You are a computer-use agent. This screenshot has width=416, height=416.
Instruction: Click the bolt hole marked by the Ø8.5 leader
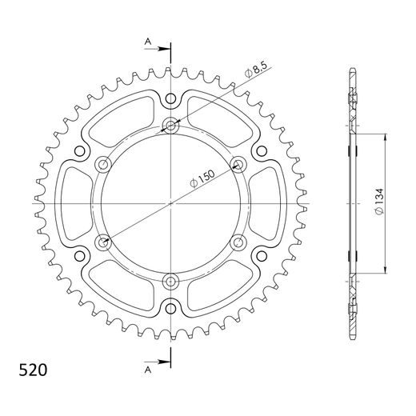(x=171, y=125)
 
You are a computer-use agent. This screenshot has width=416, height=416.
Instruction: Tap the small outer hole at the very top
(x=171, y=98)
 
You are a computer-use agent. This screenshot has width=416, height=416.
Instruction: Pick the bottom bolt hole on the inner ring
(x=171, y=280)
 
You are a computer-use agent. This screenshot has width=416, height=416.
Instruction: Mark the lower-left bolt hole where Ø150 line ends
(x=103, y=241)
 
